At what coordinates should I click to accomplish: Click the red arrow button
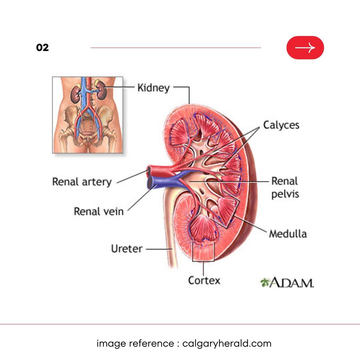305,48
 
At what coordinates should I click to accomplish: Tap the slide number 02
42,48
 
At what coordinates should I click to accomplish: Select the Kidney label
153,88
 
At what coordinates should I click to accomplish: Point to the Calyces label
281,125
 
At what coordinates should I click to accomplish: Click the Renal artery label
82,182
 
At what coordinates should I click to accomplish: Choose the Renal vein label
98,211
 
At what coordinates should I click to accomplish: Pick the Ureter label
127,249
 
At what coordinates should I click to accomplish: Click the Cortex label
204,280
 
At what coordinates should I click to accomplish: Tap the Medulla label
288,234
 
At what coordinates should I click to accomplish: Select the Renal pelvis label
285,188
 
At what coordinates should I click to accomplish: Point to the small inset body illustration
87,115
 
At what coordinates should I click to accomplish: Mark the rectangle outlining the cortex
203,252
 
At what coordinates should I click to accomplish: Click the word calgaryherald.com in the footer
227,343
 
